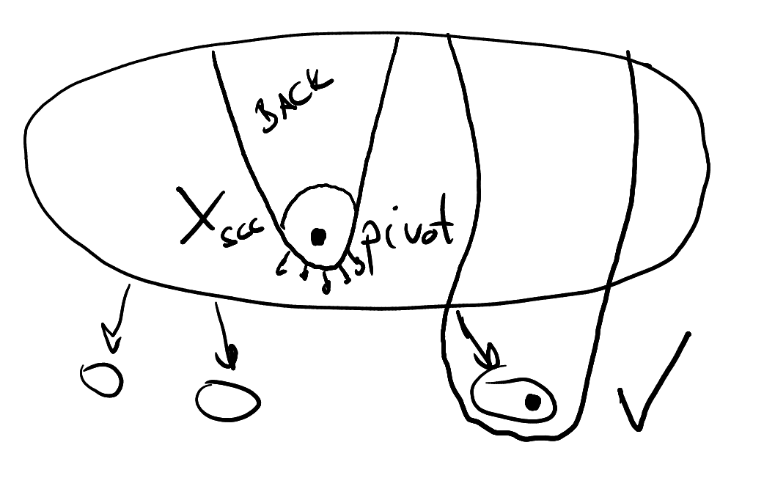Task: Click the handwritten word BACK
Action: [293, 103]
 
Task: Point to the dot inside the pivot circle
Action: [318, 237]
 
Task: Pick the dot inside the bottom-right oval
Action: [533, 402]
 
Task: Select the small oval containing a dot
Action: [513, 399]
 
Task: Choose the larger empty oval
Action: [227, 400]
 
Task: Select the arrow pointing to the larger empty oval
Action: [224, 337]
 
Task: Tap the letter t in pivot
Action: [444, 229]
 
